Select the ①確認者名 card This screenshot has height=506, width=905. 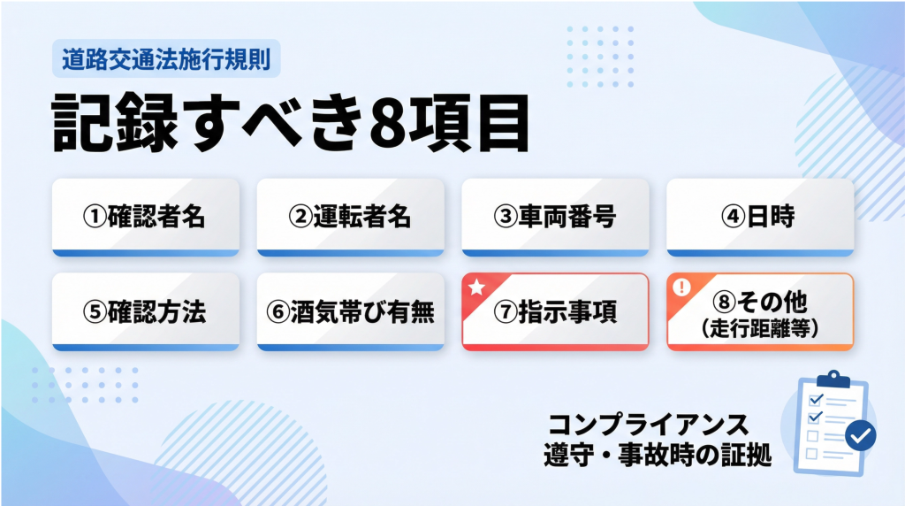(145, 217)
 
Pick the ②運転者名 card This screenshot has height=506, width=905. (350, 217)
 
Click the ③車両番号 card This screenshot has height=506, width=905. (555, 217)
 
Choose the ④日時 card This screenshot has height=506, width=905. (759, 217)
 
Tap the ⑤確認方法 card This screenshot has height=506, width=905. (145, 311)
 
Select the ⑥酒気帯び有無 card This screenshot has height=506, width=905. (350, 311)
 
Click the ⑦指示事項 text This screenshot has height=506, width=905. (555, 312)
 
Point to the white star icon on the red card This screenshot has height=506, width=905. (475, 287)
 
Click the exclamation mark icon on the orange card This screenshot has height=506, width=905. (681, 287)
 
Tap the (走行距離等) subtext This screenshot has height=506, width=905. (760, 327)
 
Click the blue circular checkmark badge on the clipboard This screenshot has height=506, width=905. (860, 434)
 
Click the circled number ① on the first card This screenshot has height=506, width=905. (95, 218)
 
